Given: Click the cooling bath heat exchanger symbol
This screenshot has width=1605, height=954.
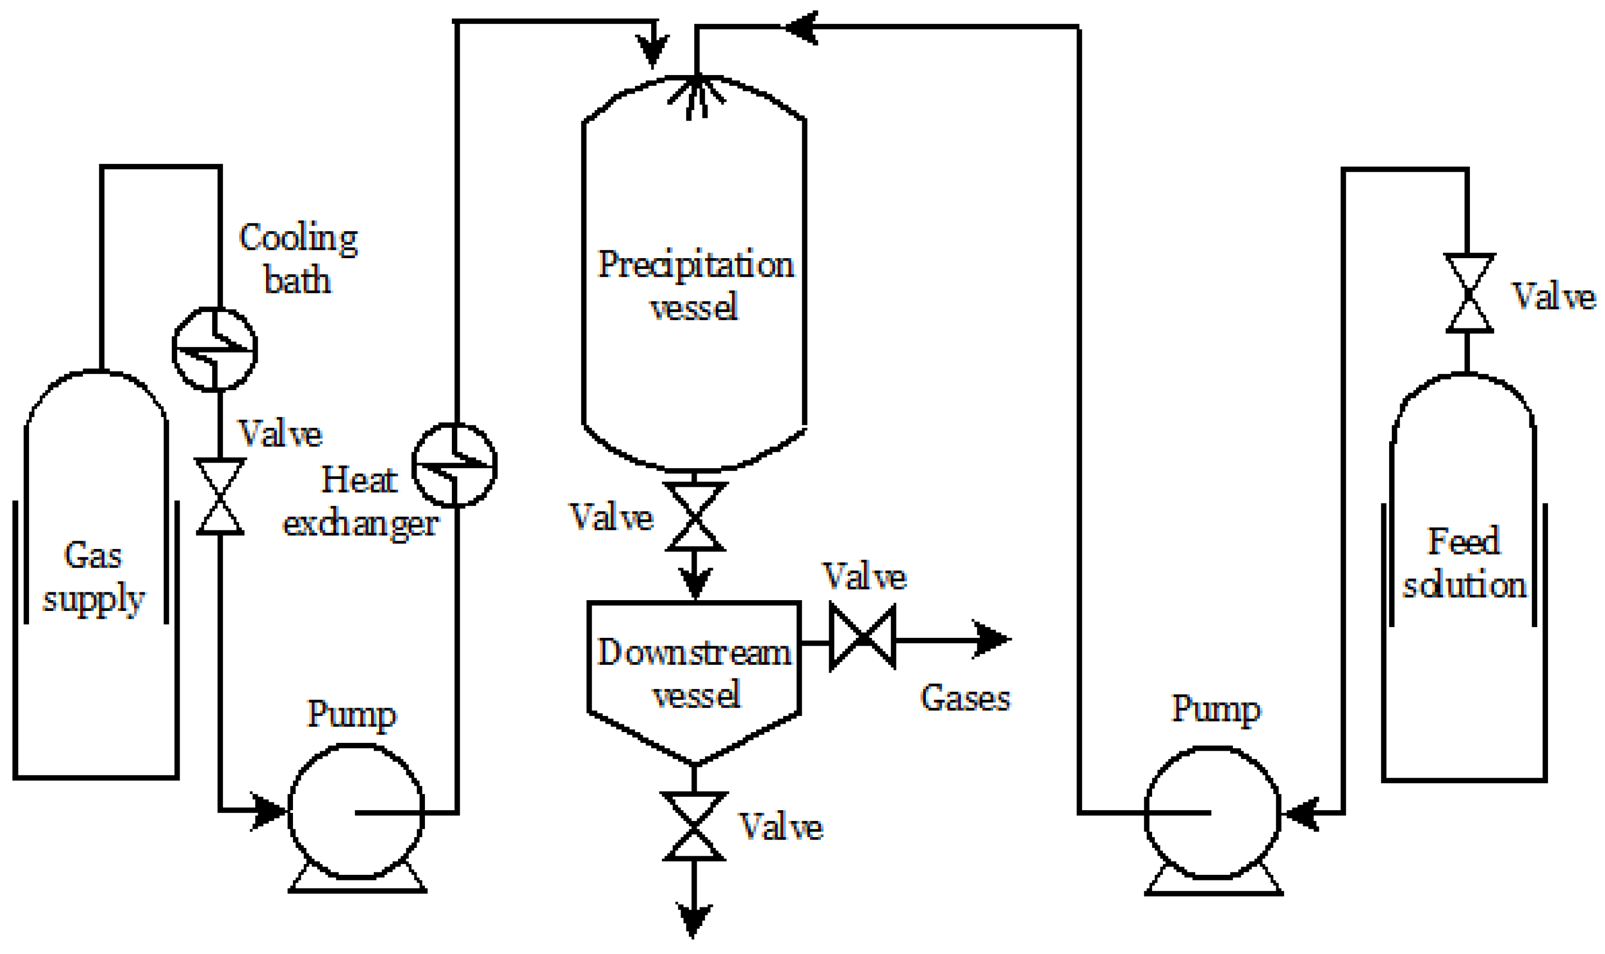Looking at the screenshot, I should (x=215, y=349).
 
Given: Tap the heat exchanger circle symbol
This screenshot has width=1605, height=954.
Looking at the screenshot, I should (x=454, y=465).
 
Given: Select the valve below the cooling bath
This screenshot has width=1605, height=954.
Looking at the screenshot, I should (x=220, y=496).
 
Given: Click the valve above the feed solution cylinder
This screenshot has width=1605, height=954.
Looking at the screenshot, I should (x=1469, y=293).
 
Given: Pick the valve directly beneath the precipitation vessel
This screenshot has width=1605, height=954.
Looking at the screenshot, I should (x=695, y=517).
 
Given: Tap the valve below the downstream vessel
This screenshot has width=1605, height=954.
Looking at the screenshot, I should (x=694, y=827).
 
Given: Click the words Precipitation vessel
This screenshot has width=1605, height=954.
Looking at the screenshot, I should (x=695, y=285).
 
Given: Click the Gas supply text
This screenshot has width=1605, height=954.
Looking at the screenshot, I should (x=93, y=577).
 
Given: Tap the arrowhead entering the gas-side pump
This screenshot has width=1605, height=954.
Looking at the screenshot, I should (x=269, y=811).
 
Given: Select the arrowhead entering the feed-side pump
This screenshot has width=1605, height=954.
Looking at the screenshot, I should (x=1300, y=813).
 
